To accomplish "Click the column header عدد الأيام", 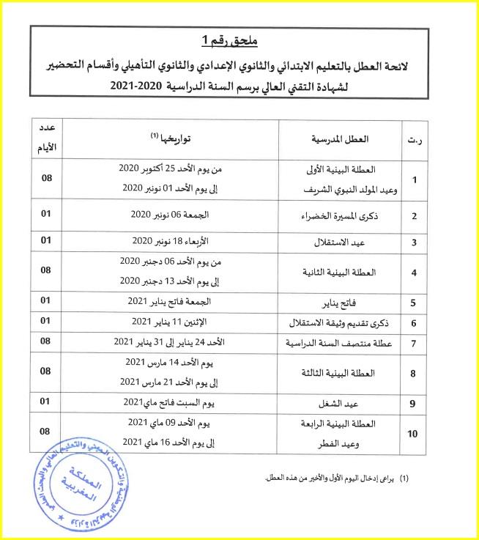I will (x=45, y=137).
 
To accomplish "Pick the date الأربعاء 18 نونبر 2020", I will (x=174, y=240).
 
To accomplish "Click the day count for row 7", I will (x=45, y=341).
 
